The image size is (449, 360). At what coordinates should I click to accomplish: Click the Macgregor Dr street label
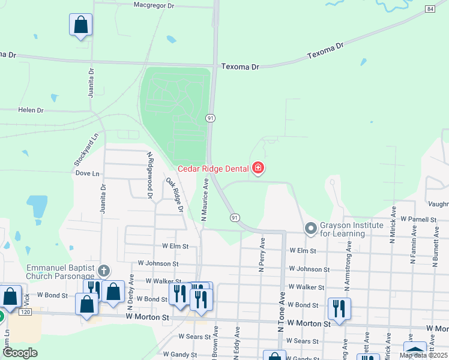(153, 5)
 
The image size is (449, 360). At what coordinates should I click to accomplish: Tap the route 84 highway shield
(430, 9)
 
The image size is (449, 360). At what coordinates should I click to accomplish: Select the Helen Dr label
(31, 110)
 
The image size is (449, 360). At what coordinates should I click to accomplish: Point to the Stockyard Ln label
(85, 151)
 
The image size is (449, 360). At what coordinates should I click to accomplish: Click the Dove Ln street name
(88, 173)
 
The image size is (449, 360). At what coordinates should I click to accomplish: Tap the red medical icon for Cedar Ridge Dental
(258, 167)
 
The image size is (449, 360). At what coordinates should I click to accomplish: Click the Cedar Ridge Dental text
(214, 168)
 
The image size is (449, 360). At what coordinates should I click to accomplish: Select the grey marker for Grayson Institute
(310, 228)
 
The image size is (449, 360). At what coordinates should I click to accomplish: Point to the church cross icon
(104, 271)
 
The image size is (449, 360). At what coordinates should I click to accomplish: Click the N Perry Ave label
(262, 255)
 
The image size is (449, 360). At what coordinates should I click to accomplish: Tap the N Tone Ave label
(280, 306)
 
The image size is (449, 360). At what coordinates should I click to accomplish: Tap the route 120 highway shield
(25, 313)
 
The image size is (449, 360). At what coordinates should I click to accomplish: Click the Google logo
(19, 353)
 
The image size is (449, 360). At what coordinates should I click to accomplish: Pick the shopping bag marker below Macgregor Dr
(81, 25)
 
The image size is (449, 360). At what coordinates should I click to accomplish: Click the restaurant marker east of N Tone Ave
(339, 309)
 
